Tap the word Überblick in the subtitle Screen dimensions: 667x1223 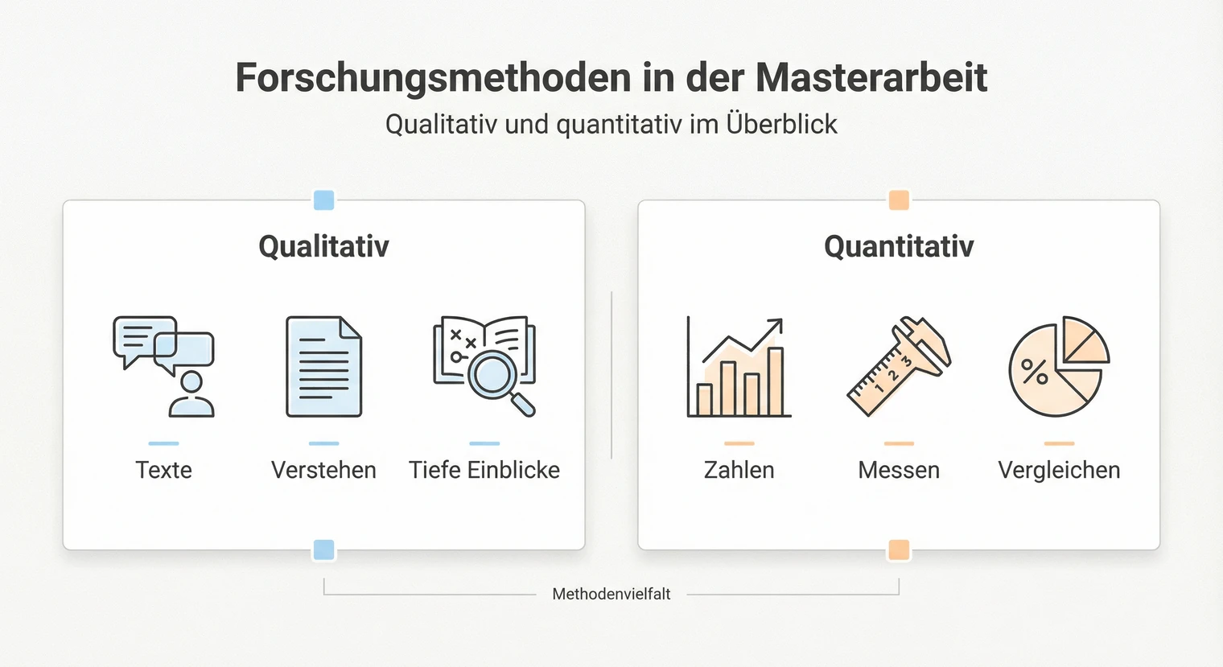click(x=781, y=125)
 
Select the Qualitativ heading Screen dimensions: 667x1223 click(x=323, y=246)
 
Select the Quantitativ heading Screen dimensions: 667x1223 click(x=899, y=246)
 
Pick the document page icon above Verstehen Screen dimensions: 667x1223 click(x=323, y=366)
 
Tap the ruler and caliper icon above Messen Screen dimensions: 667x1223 click(x=899, y=366)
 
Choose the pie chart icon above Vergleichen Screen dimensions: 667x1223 click(x=1059, y=366)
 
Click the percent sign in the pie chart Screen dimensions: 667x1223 click(x=1034, y=371)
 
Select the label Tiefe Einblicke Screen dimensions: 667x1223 click(x=484, y=470)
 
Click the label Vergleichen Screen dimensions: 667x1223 click(x=1059, y=470)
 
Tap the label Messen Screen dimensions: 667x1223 click(x=899, y=470)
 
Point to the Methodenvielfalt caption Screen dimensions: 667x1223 click(x=611, y=595)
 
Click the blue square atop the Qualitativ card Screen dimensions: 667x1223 click(x=323, y=200)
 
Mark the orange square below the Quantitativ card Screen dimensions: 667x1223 click(x=899, y=550)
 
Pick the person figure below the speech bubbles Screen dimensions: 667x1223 click(x=191, y=395)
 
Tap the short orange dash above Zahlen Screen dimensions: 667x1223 click(x=739, y=443)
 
